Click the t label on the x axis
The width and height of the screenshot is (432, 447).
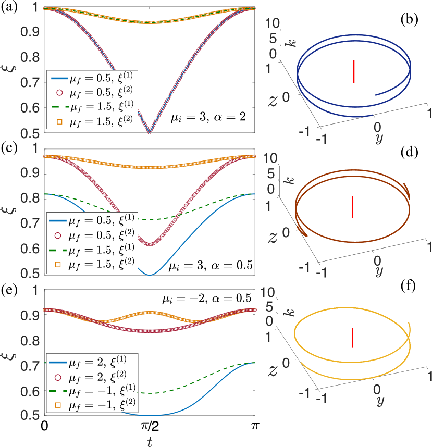[x=150, y=441]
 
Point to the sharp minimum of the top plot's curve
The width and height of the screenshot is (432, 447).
[x=150, y=133]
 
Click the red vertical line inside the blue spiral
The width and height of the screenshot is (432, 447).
[x=354, y=71]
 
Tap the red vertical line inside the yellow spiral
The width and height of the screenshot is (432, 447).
[x=353, y=337]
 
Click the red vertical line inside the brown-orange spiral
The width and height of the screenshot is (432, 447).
[x=353, y=207]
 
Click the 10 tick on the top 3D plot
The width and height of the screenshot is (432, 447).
[x=273, y=22]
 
